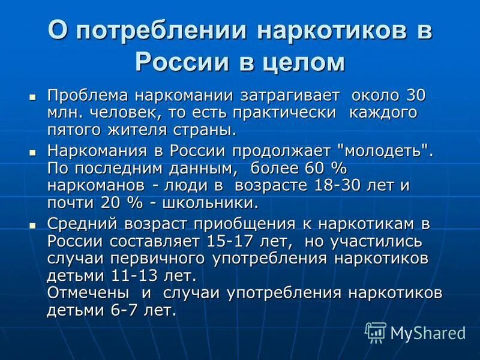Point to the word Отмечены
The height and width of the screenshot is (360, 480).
coord(88,293)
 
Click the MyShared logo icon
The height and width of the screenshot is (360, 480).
coord(375,332)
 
